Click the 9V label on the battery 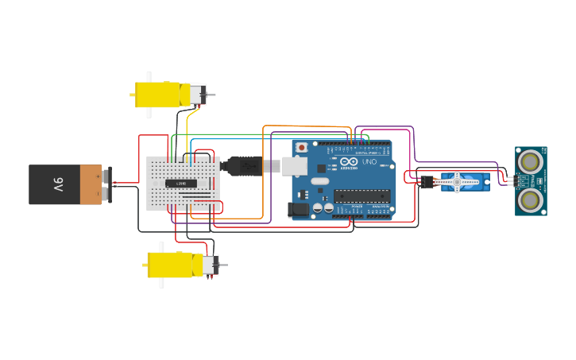coord(58,184)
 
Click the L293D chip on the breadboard coord(181,184)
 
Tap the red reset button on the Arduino coord(302,148)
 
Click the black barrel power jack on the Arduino coord(299,210)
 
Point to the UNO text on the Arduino coord(369,162)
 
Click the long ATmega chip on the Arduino coord(362,196)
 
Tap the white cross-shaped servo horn coord(458,182)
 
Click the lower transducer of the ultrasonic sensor coord(530,199)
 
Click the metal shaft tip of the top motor coord(212,95)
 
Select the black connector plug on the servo coord(427,182)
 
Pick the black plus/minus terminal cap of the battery coord(106,184)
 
